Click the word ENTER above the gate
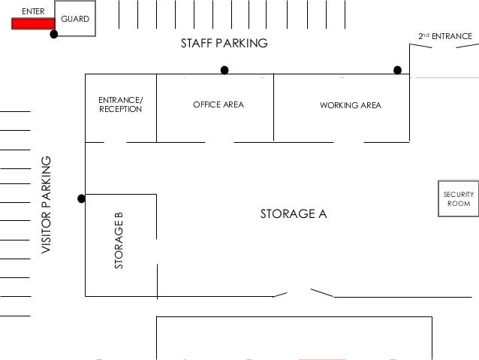[x=33, y=11]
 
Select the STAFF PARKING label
[x=224, y=44]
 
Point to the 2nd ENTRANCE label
[x=445, y=36]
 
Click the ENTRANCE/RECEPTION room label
[x=120, y=104]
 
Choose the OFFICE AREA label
[x=218, y=104]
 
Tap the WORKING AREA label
[x=351, y=104]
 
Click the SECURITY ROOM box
[x=458, y=198]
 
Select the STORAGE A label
[x=294, y=214]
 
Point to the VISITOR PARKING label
[x=47, y=204]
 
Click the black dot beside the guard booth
[x=54, y=35]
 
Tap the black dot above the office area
[x=224, y=71]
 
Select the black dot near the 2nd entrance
[x=397, y=71]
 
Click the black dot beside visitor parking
[x=81, y=199]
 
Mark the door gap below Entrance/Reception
[x=115, y=142]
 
